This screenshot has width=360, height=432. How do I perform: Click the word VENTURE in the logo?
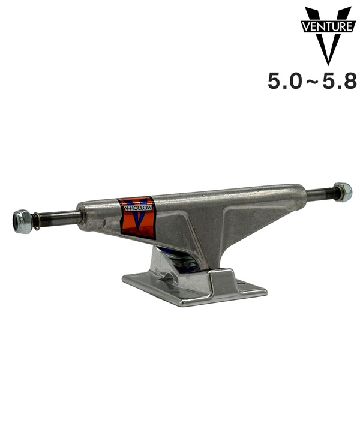(x=326, y=26)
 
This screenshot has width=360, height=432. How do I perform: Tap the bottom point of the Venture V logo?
(x=327, y=63)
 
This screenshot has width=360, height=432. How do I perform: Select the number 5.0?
(x=284, y=81)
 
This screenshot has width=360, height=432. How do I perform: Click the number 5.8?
(x=340, y=81)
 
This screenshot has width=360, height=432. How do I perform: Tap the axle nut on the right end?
(x=342, y=192)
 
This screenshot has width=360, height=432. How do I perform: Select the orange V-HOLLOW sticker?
(x=136, y=217)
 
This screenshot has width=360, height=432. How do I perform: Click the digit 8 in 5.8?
(x=350, y=81)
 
